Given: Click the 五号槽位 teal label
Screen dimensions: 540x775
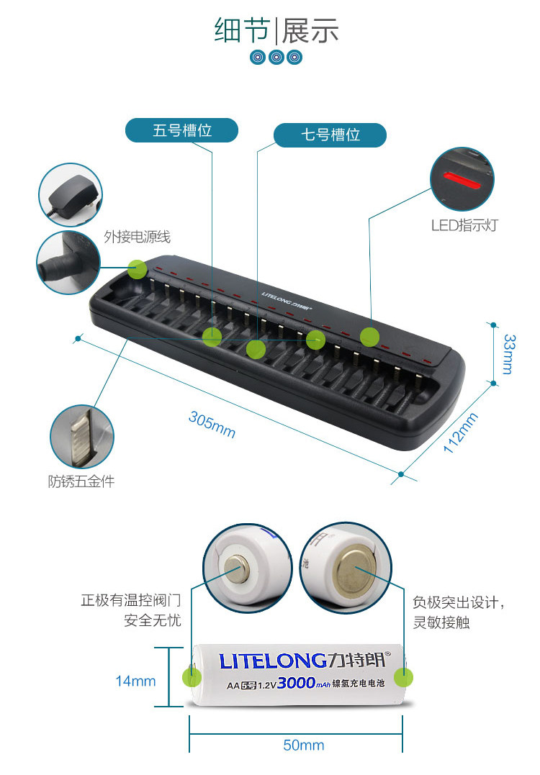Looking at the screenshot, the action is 181,130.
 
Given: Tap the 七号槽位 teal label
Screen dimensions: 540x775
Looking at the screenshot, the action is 330,135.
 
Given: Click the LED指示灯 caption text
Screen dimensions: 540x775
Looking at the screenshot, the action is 464,225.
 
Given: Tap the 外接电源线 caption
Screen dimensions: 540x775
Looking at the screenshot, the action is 137,237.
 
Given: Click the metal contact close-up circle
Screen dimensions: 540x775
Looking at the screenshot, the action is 81,437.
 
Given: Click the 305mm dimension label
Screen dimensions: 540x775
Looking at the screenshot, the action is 212,424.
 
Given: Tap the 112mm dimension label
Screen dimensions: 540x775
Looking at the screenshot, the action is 461,432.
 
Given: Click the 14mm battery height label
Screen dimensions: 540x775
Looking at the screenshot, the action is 135,681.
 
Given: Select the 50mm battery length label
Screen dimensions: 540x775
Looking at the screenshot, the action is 303,745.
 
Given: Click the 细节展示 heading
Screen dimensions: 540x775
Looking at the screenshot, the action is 276,31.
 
